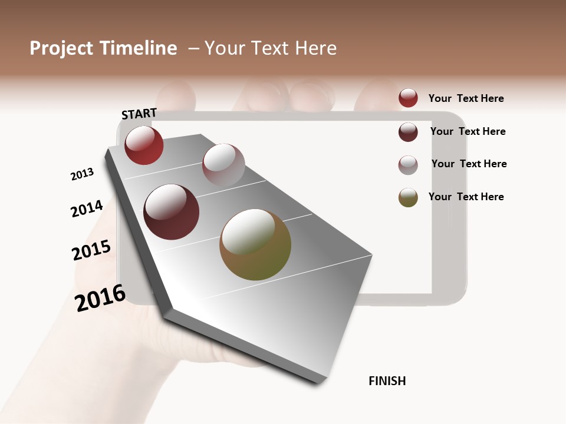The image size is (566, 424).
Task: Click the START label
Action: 139,114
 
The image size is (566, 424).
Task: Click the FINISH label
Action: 387,381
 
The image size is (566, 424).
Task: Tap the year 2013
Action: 82,174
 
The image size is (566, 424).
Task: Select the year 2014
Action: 87,208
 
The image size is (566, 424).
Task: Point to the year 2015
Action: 91,250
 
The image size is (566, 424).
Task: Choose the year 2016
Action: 100,297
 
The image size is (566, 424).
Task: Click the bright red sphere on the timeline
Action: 144,145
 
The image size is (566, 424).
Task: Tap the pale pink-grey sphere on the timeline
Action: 223,164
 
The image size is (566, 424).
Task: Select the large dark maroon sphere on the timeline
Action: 172,212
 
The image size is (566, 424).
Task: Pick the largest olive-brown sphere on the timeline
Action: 255,244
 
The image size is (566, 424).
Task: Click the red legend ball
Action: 408,98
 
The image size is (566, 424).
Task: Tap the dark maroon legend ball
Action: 408,132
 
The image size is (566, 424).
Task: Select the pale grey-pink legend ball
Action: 408,165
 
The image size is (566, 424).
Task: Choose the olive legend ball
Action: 408,197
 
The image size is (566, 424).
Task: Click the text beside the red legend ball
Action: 466,98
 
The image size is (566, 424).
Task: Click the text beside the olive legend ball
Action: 466,197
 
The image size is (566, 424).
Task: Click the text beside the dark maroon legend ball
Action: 468,131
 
